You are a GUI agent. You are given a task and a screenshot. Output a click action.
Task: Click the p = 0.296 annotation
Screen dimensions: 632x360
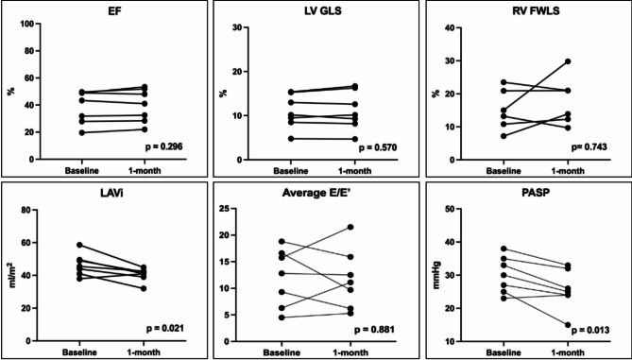[x=164, y=147]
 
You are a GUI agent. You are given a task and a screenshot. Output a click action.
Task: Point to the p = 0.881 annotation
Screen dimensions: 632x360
[x=374, y=331]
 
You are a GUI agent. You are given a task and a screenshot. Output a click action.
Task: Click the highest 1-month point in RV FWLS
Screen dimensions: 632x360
[x=568, y=61]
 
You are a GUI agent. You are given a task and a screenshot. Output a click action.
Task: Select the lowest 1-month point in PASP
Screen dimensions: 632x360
[x=568, y=324]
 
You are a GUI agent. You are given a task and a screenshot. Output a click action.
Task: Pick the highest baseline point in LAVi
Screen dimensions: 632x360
[x=79, y=245]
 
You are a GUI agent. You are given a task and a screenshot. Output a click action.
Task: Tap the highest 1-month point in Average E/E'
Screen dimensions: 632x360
[x=350, y=227]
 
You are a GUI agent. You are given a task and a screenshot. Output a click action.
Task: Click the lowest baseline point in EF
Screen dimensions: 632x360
[x=82, y=132]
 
